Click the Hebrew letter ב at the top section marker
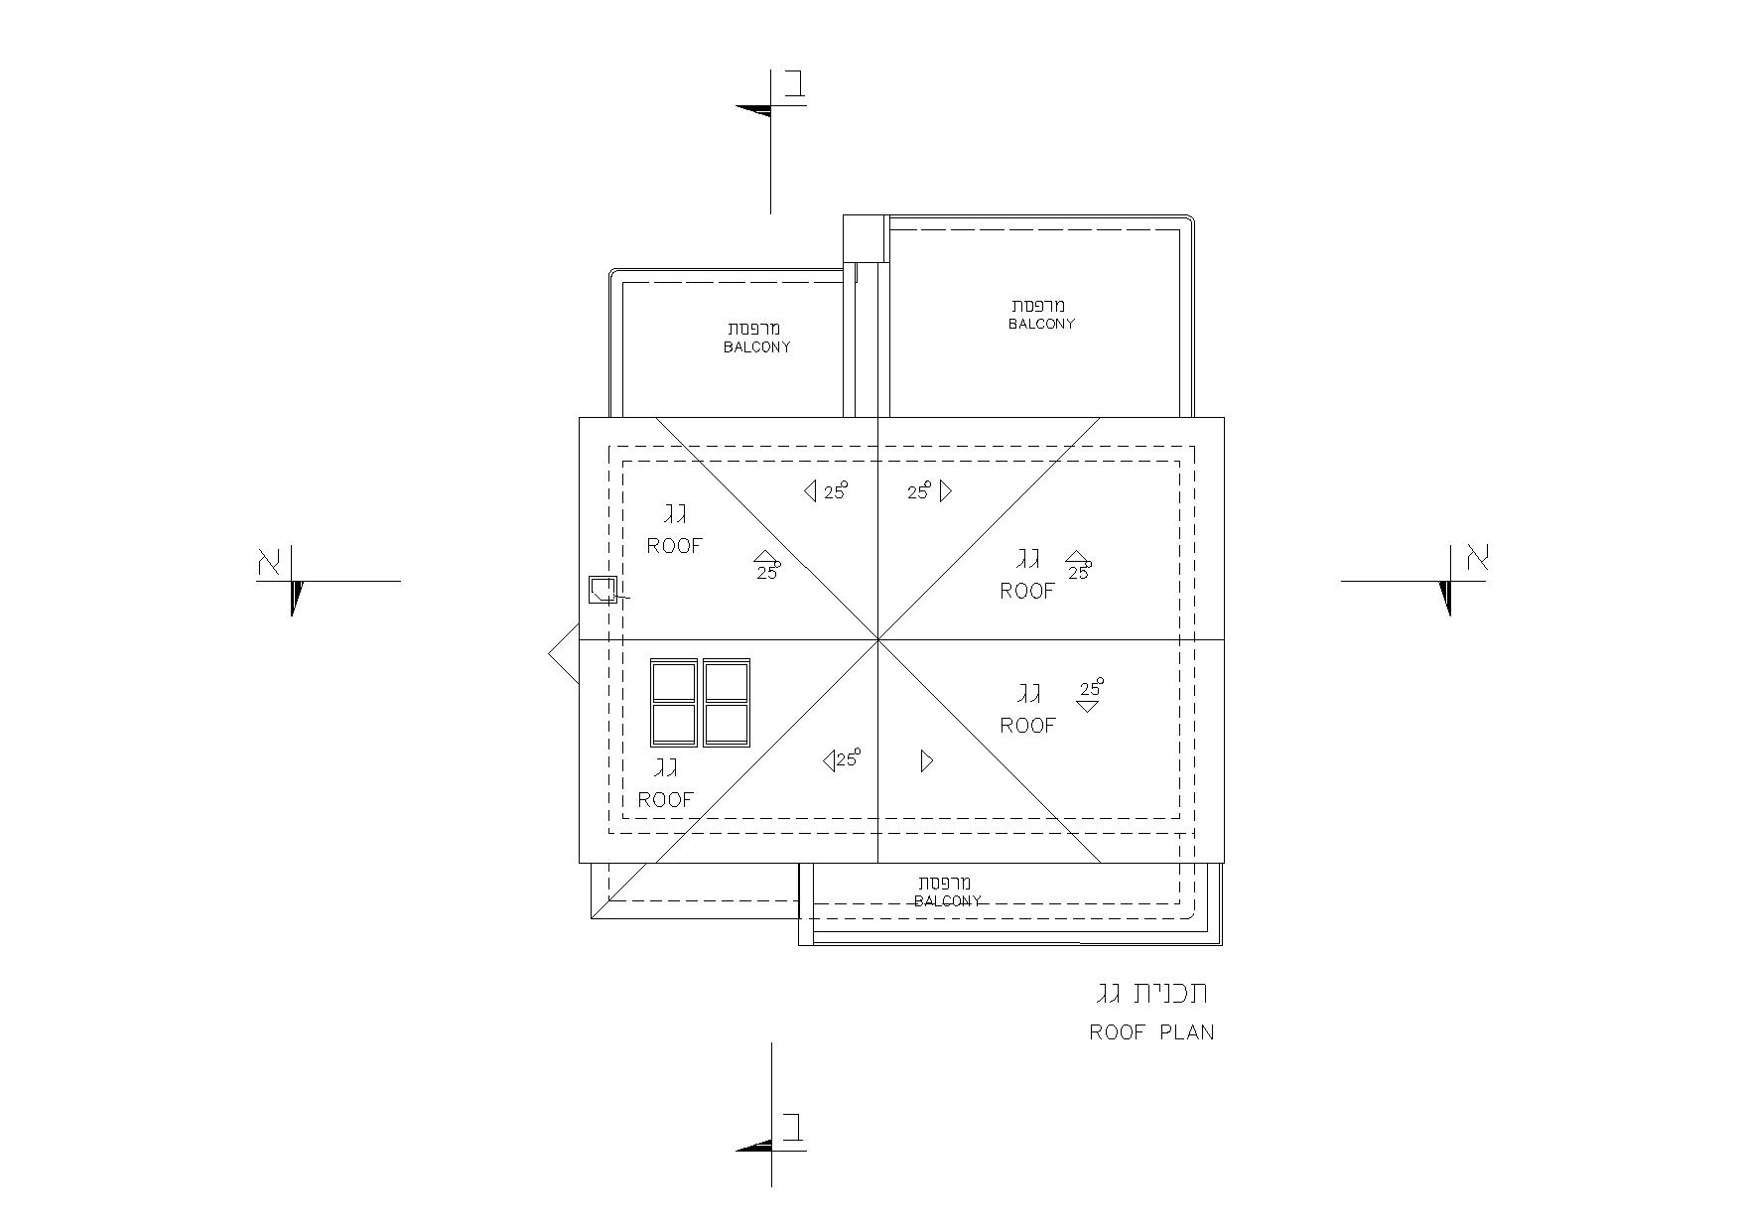click(794, 84)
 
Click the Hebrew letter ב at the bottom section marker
click(794, 1128)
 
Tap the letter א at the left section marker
click(270, 562)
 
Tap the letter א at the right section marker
click(1478, 557)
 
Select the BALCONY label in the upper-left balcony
click(757, 347)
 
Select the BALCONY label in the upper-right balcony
click(1042, 324)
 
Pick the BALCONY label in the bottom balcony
click(948, 901)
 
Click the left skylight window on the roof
click(674, 703)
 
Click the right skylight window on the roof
click(726, 703)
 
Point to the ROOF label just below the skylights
click(665, 799)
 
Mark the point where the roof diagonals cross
click(878, 640)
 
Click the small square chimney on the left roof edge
click(603, 590)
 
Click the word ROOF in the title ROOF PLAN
click(1118, 1032)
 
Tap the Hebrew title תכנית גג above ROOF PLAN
click(1152, 994)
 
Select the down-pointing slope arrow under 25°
click(1088, 706)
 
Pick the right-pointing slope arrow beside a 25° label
click(946, 490)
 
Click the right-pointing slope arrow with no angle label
click(927, 761)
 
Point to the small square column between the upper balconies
click(865, 238)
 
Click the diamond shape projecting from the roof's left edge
click(564, 654)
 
